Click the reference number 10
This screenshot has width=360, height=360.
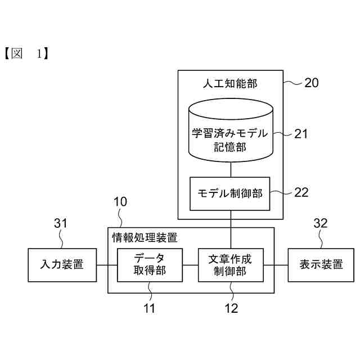120,201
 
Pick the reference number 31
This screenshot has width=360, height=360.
60,223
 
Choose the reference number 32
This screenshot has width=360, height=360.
320,223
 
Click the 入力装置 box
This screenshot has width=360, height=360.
62,264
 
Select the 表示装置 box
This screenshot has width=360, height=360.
321,264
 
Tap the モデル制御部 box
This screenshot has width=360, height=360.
231,193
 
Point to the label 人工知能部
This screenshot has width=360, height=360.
229,83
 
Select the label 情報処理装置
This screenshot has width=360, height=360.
145,236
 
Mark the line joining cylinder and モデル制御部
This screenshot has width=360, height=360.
231,169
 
